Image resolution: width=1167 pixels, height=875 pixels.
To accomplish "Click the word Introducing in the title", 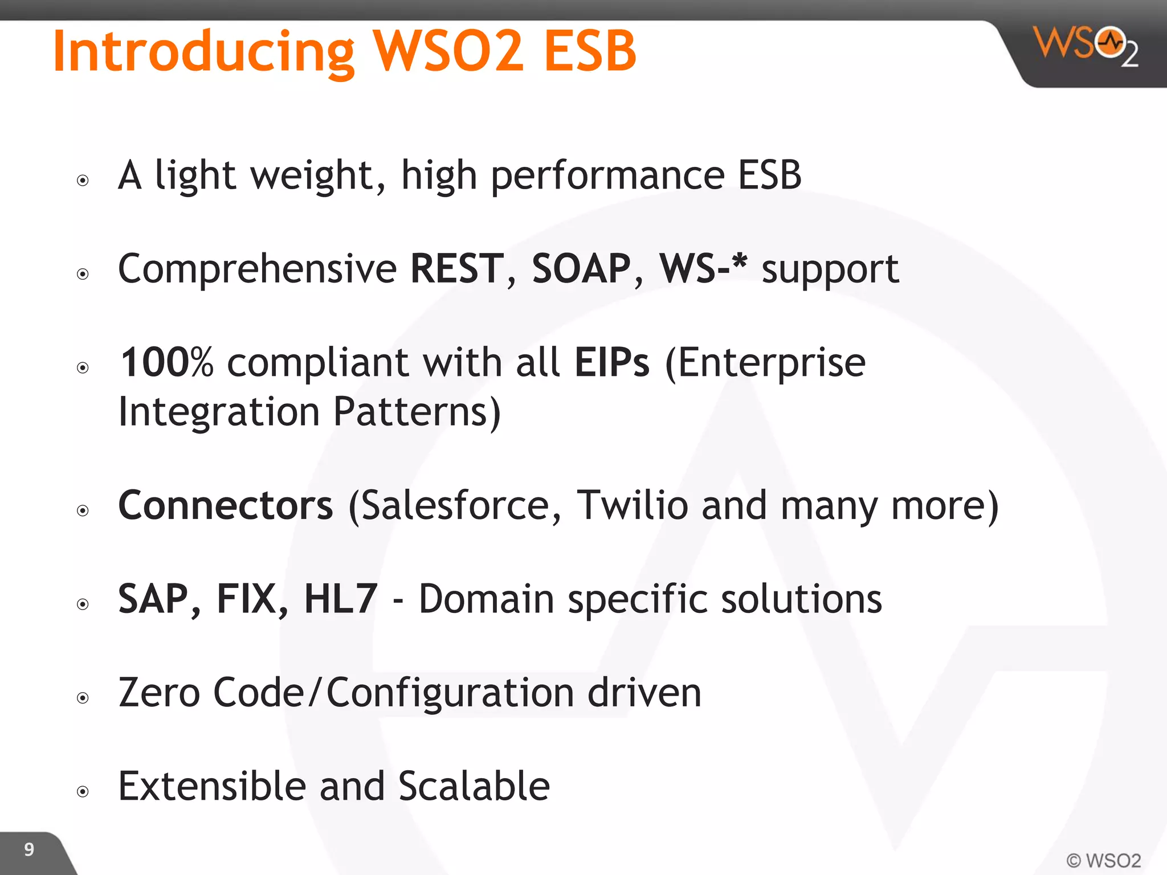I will [x=203, y=52].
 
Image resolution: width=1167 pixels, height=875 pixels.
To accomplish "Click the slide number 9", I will [x=29, y=849].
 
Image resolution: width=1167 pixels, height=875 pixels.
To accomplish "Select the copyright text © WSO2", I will [x=1103, y=860].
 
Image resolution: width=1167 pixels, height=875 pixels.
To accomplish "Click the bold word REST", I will [x=457, y=268].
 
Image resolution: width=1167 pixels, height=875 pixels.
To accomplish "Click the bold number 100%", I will [x=167, y=362].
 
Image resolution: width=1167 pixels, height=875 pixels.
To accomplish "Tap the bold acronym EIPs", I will [x=612, y=362].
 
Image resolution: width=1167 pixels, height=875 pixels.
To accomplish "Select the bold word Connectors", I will [x=226, y=505].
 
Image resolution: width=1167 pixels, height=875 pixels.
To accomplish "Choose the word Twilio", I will [x=633, y=505].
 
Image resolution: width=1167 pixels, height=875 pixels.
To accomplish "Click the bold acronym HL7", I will [x=341, y=599].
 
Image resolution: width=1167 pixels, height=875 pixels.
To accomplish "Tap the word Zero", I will [x=159, y=693].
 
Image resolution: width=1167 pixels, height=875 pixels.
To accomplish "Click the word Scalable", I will [x=474, y=786].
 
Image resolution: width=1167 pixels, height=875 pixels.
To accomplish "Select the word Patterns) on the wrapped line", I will [x=417, y=412].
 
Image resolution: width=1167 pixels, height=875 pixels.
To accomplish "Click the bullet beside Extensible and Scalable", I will [x=83, y=791].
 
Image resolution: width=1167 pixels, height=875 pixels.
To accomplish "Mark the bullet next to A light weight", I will [x=83, y=181].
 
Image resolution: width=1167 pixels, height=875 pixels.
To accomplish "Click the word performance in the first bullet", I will [x=607, y=175].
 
